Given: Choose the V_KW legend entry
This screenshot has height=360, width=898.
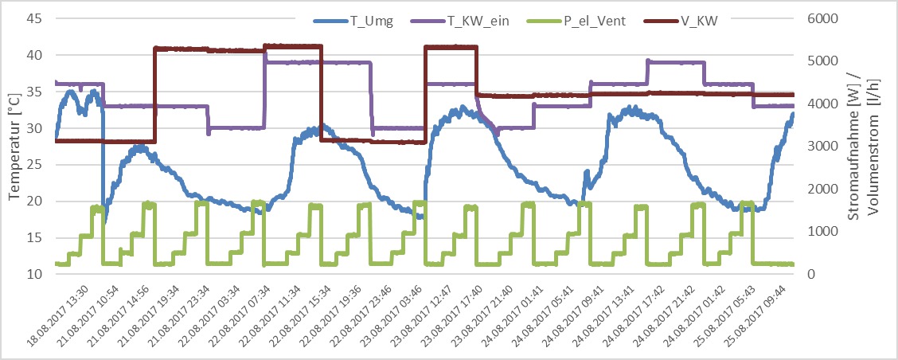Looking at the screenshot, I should pyautogui.click(x=701, y=22).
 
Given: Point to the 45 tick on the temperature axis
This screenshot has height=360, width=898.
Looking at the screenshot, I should pyautogui.click(x=37, y=19).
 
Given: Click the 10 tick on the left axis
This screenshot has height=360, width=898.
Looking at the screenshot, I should pyautogui.click(x=37, y=274).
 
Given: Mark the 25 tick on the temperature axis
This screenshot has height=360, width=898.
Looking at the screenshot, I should pyautogui.click(x=37, y=165).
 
